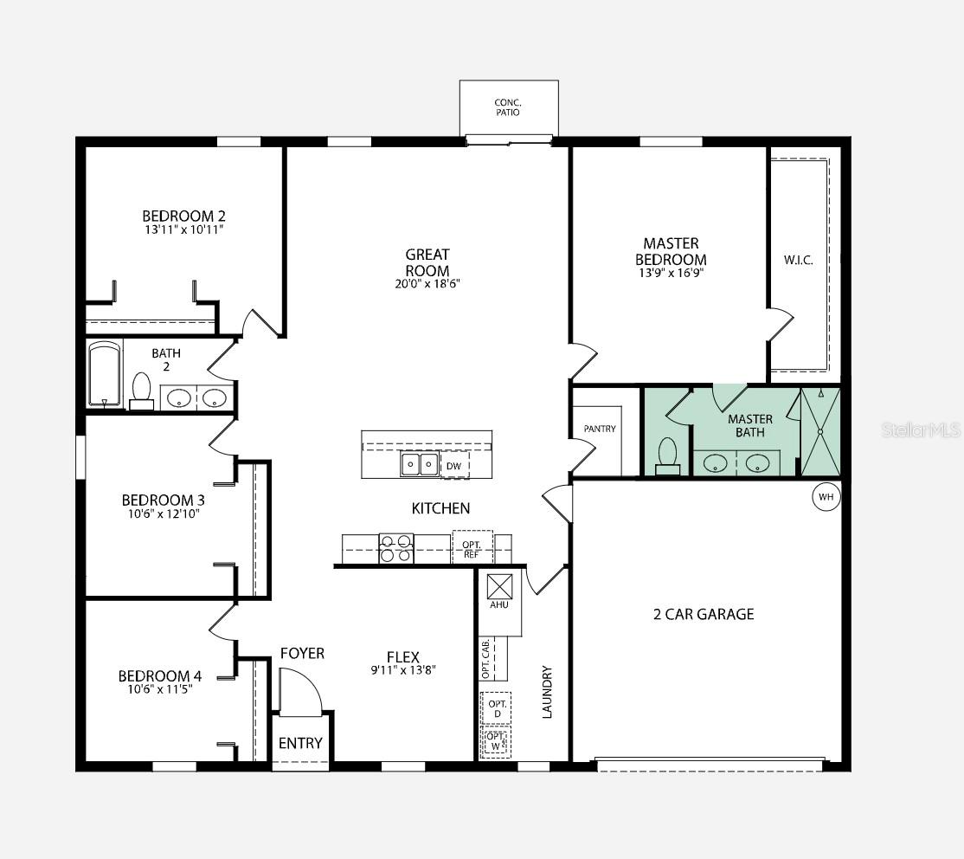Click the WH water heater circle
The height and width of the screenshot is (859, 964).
coord(826,496)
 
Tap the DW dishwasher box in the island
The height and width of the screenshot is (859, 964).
coord(454,465)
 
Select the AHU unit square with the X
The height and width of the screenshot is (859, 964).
coord(499,586)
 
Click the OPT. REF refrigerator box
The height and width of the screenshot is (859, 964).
coord(472,547)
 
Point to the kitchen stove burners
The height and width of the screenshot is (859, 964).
coord(396,548)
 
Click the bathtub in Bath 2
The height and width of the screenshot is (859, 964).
coord(105,374)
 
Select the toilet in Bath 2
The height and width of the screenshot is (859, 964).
coord(141,391)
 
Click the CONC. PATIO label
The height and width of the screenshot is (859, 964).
coord(508,107)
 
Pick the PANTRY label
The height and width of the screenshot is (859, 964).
coord(600,429)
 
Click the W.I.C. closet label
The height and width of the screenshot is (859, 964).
coord(798,261)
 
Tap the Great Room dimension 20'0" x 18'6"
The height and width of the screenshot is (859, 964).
coord(427,284)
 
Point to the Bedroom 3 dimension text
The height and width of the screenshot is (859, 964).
coord(164,513)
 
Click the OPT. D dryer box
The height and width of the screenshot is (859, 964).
coord(497,708)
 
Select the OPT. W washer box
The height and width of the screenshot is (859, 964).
coord(496,741)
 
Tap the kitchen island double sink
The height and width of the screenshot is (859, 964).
coord(420,465)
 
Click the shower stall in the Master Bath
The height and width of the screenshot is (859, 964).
coord(820,432)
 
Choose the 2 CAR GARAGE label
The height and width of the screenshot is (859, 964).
coord(704,614)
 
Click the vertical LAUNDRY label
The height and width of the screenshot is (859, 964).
coord(547,692)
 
